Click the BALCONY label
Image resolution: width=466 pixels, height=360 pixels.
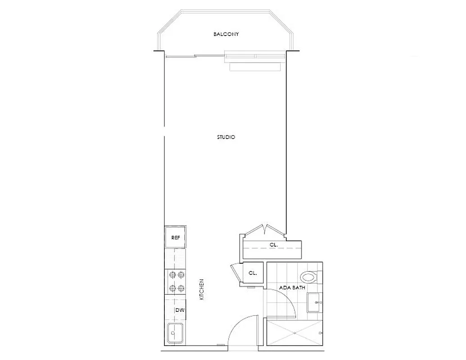click(226, 34)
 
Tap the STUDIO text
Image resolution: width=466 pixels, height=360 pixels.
click(226, 137)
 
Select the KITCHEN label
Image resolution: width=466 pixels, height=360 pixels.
click(202, 290)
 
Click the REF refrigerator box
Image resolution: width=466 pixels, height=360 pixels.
click(176, 237)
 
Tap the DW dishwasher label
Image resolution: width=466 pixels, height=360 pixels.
click(180, 310)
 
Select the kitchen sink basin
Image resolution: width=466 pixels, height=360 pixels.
click(175, 333)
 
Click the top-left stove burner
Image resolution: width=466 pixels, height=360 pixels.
click(171, 274)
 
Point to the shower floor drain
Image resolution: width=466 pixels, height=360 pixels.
click(294, 333)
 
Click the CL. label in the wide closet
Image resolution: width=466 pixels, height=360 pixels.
click(273, 245)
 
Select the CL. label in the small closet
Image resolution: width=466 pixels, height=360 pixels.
click(253, 273)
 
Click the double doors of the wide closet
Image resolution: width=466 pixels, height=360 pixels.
click(266, 229)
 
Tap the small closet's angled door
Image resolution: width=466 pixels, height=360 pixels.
click(235, 273)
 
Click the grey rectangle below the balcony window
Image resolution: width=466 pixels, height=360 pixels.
click(255, 67)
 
